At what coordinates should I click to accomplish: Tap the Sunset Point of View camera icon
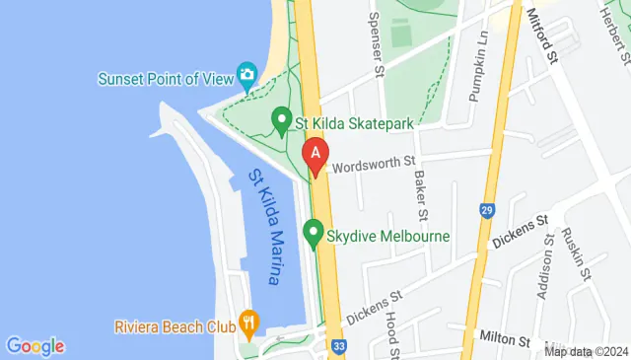click(246, 75)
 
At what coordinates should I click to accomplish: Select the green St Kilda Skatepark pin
click(281, 123)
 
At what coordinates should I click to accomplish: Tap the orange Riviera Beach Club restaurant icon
click(248, 324)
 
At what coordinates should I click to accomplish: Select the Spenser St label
click(375, 43)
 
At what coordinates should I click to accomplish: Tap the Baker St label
click(421, 193)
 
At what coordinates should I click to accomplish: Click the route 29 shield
click(486, 211)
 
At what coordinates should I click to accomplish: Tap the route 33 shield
click(339, 347)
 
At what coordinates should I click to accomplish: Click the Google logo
click(35, 345)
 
